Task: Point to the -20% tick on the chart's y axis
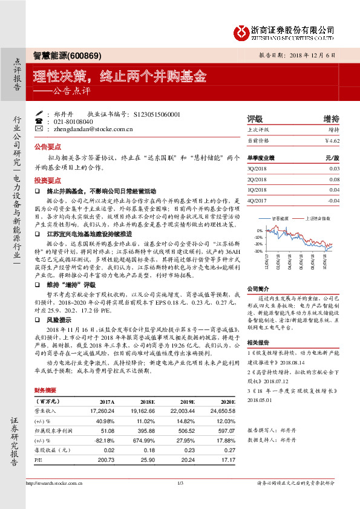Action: click(x=259, y=244)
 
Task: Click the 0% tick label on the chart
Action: click(x=260, y=231)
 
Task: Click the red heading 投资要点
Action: click(x=47, y=181)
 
